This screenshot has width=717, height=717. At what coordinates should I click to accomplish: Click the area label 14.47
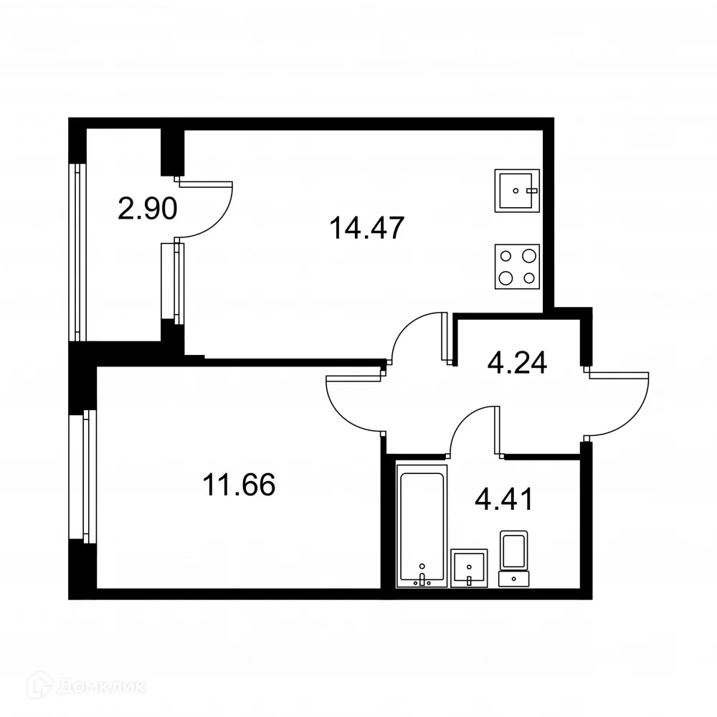pyautogui.click(x=367, y=229)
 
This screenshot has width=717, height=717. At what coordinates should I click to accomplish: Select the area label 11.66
pyautogui.click(x=239, y=485)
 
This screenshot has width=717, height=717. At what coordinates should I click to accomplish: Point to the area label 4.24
pyautogui.click(x=517, y=362)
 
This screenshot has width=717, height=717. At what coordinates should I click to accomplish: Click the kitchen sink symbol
pyautogui.click(x=516, y=191)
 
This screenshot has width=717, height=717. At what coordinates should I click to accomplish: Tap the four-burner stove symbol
pyautogui.click(x=517, y=266)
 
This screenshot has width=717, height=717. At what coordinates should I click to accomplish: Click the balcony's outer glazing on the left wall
pyautogui.click(x=78, y=251)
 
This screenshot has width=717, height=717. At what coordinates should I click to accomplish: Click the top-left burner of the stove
pyautogui.click(x=506, y=255)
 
